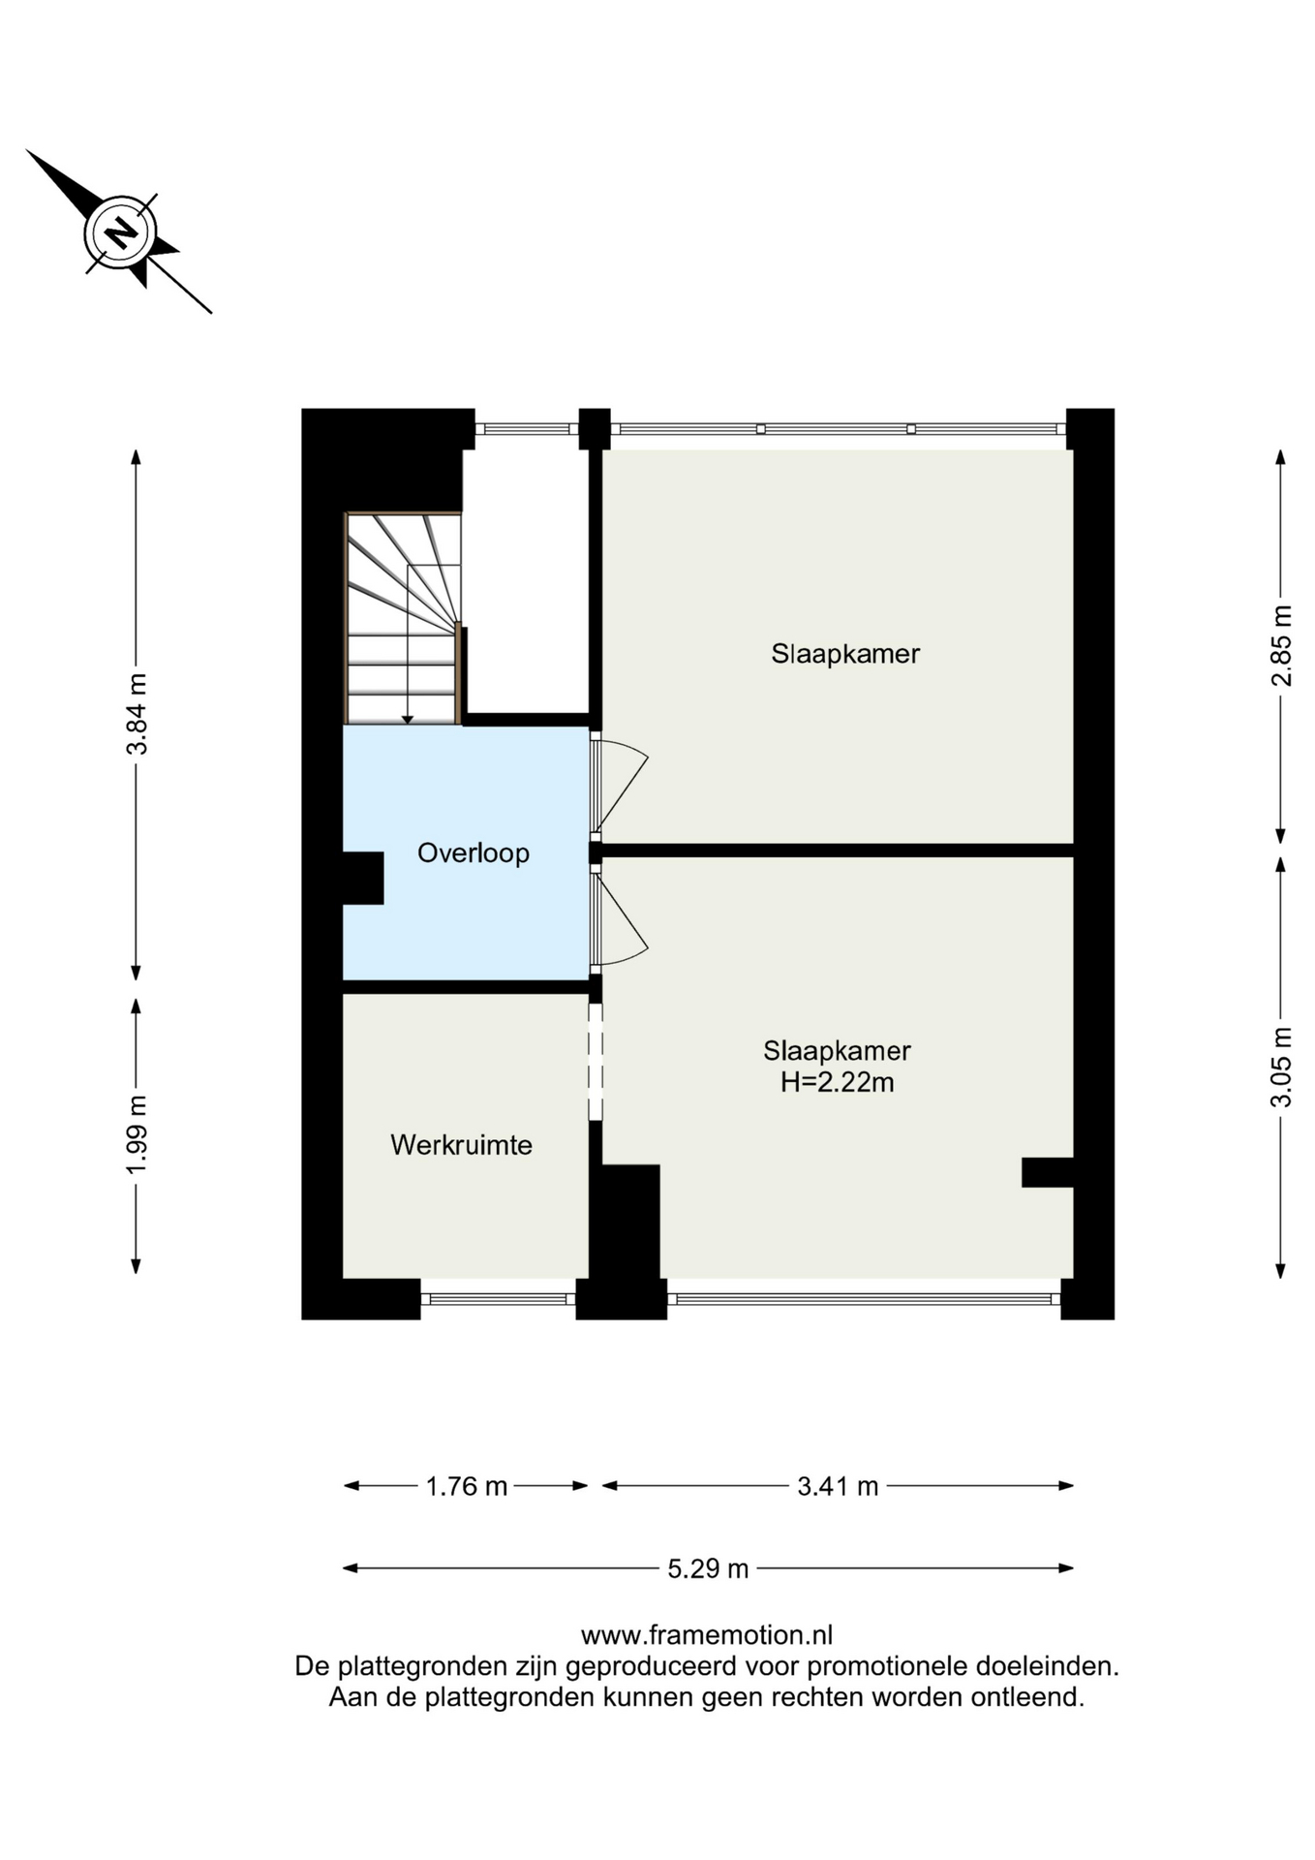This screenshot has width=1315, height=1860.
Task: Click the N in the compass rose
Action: [120, 232]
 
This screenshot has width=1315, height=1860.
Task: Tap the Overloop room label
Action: [473, 852]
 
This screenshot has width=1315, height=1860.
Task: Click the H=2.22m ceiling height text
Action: [837, 1082]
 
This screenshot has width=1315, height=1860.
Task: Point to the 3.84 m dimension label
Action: [137, 714]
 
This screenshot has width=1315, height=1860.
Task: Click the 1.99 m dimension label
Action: [137, 1134]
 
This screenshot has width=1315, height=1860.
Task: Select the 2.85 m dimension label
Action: [1281, 645]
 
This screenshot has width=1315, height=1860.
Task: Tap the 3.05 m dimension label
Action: [1281, 1067]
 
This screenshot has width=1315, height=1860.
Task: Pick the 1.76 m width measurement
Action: [467, 1486]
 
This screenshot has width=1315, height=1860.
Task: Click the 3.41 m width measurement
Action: [838, 1486]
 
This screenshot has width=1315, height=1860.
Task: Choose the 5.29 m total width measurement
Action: [708, 1568]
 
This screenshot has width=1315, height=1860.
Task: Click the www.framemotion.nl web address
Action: [707, 1635]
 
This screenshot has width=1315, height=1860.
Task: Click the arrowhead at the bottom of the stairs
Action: [408, 720]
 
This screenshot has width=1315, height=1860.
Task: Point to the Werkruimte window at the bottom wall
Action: [499, 1299]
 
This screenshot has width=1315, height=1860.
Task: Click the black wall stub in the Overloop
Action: [363, 878]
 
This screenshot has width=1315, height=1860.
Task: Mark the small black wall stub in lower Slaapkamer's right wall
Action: [1048, 1172]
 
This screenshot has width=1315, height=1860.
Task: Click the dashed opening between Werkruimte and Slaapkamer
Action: [596, 1063]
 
